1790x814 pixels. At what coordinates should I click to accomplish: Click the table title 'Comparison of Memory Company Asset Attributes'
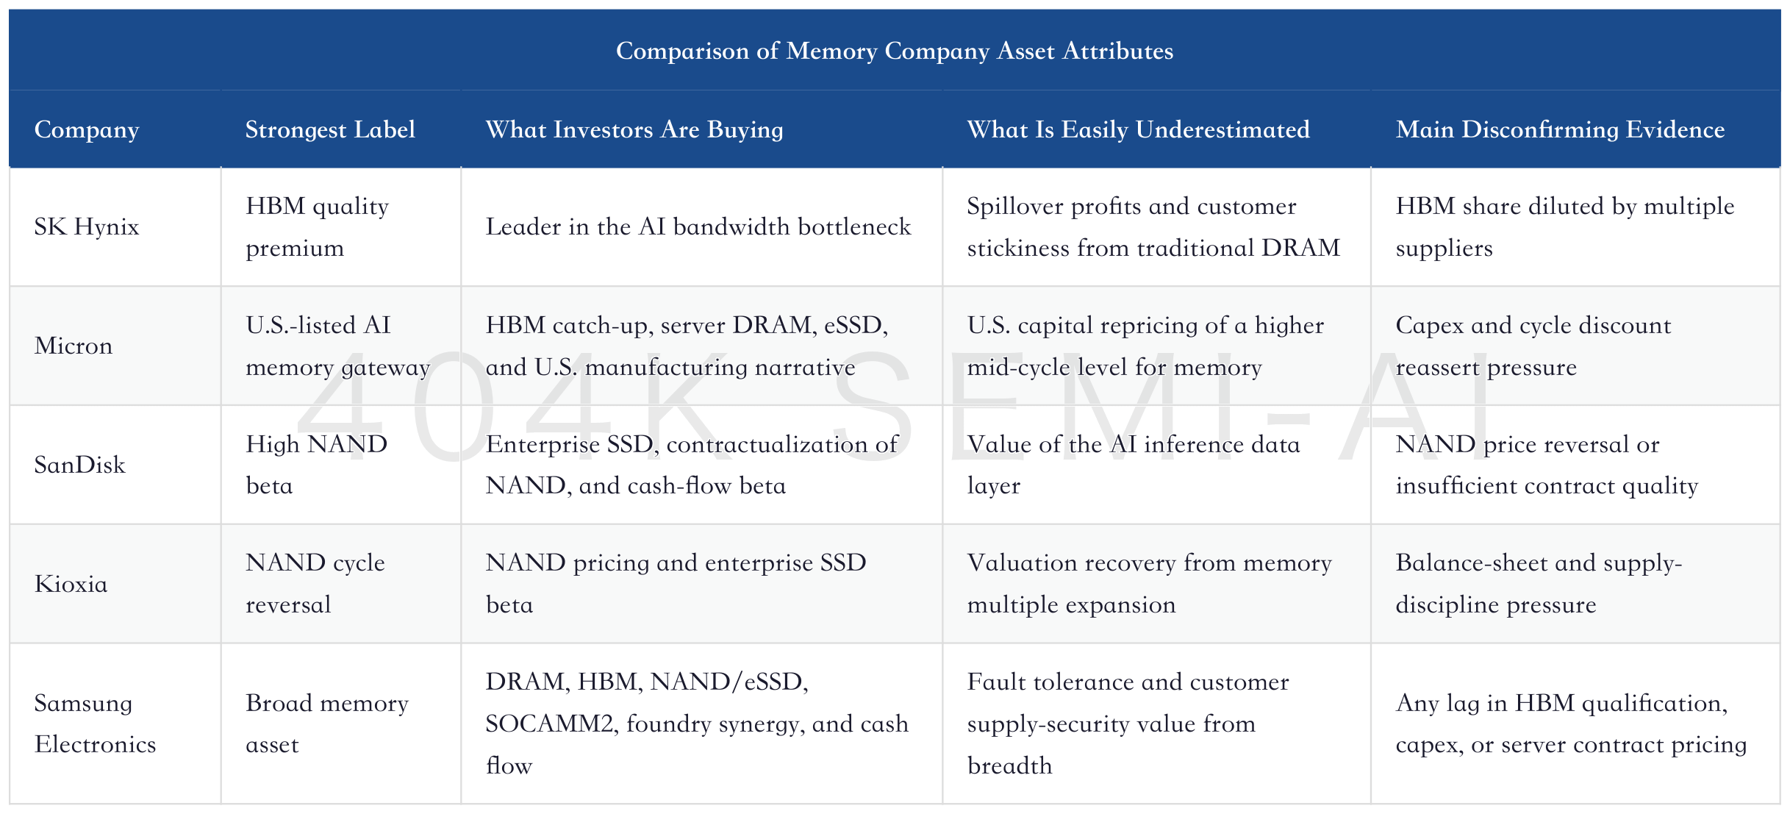895,51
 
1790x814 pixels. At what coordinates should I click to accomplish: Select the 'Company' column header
87,130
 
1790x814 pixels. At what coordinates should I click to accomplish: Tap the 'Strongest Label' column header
330,130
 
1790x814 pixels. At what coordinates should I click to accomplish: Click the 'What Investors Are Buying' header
634,130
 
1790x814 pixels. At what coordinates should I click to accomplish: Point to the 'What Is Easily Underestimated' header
1138,130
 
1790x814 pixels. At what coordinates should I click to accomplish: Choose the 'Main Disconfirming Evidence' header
1560,130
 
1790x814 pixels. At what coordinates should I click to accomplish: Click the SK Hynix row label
87,226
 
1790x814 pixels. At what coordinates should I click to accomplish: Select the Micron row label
74,346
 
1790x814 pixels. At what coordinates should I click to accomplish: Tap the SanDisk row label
80,465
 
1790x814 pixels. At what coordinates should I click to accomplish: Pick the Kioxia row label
71,584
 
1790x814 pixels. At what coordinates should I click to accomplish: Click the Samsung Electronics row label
96,724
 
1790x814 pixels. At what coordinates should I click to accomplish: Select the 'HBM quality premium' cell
317,226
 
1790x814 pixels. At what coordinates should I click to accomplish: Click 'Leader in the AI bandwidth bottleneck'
698,226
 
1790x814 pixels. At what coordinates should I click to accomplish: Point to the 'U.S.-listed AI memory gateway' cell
337,346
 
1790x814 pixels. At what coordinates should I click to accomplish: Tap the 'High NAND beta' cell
316,465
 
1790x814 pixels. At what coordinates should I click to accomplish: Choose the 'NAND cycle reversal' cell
315,584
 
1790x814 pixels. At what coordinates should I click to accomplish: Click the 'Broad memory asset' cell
327,724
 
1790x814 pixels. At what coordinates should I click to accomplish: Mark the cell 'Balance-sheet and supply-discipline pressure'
1539,584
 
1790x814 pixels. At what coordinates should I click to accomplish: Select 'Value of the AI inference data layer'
1134,465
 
